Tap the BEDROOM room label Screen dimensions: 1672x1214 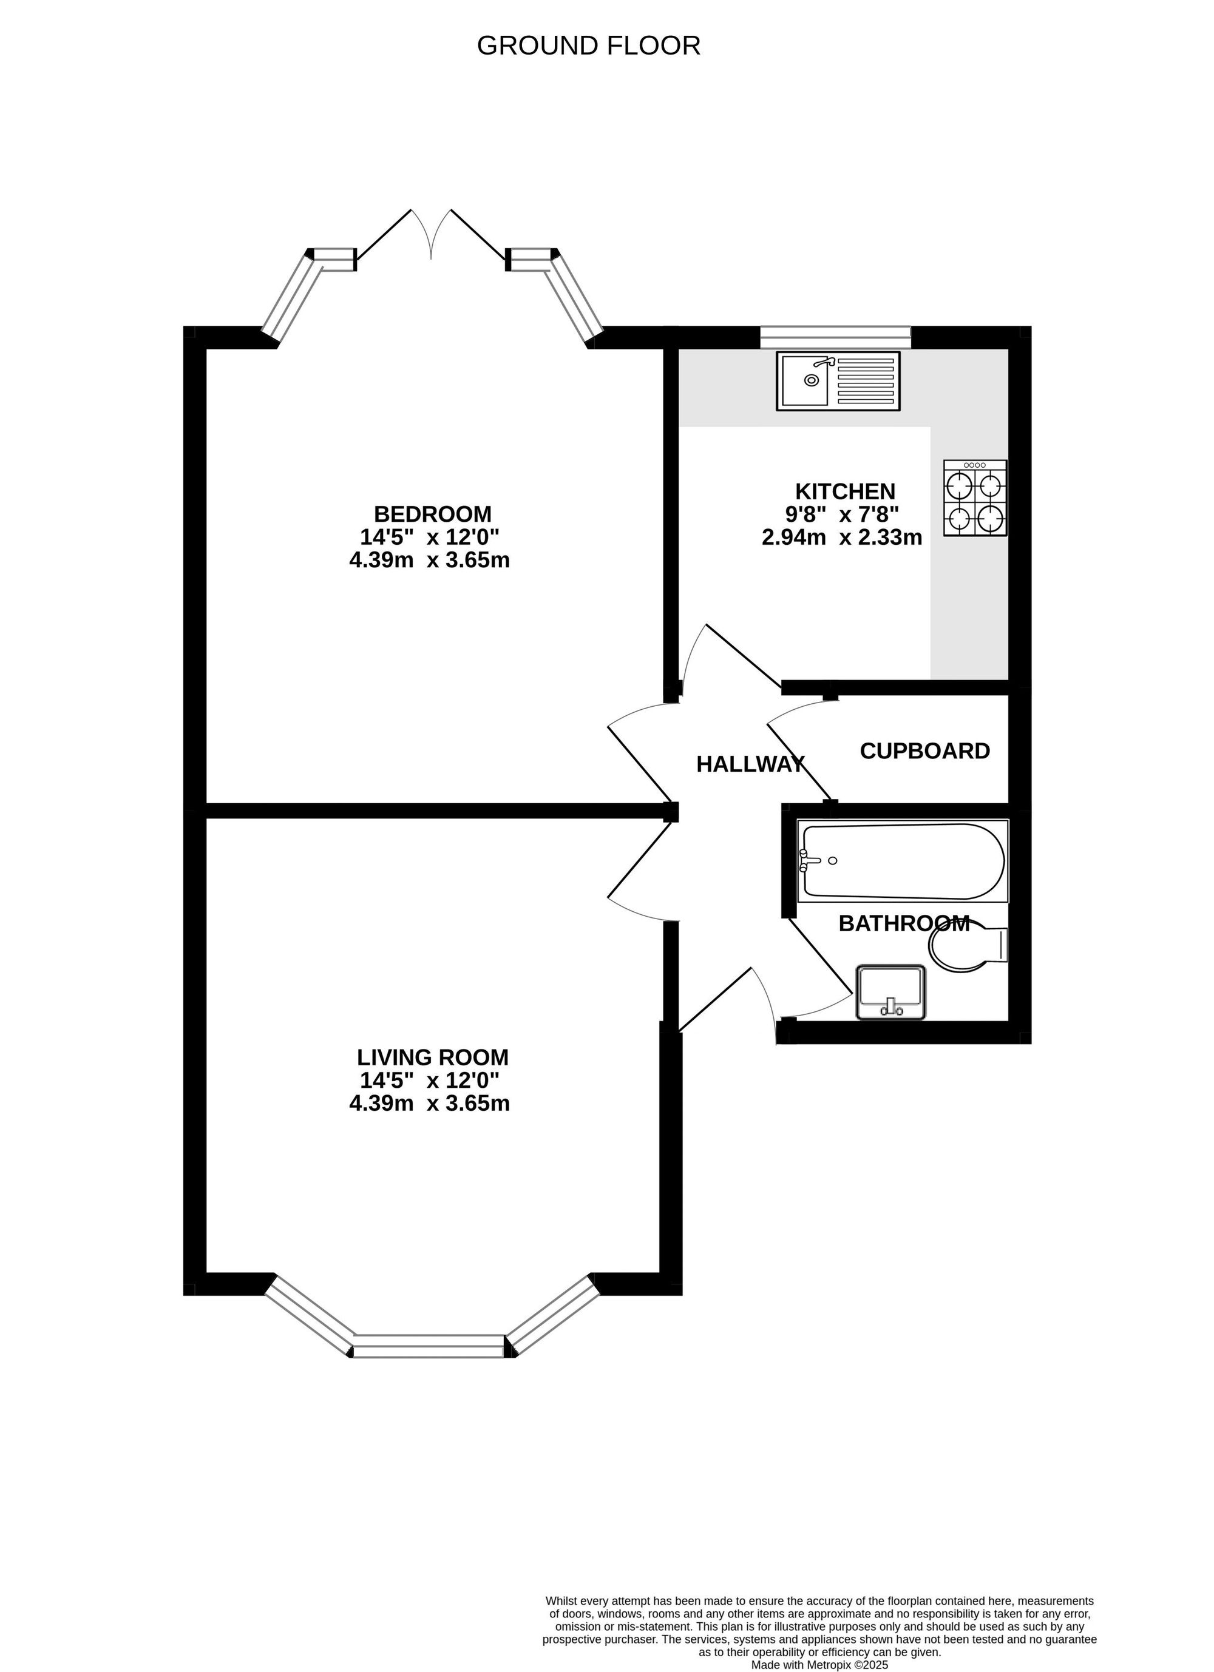tap(432, 513)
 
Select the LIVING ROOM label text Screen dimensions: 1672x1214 tap(432, 1057)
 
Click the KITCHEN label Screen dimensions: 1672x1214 tap(844, 491)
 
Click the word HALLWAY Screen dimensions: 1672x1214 tap(750, 764)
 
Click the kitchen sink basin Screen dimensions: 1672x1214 tap(805, 380)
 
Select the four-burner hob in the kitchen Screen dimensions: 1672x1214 tap(975, 497)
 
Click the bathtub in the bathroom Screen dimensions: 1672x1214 tap(903, 860)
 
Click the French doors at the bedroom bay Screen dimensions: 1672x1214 tap(431, 236)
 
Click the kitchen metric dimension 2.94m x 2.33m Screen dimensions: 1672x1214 tap(841, 537)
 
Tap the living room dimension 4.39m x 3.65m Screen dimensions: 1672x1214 tap(429, 1103)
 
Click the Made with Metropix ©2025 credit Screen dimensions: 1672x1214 tap(819, 1664)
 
